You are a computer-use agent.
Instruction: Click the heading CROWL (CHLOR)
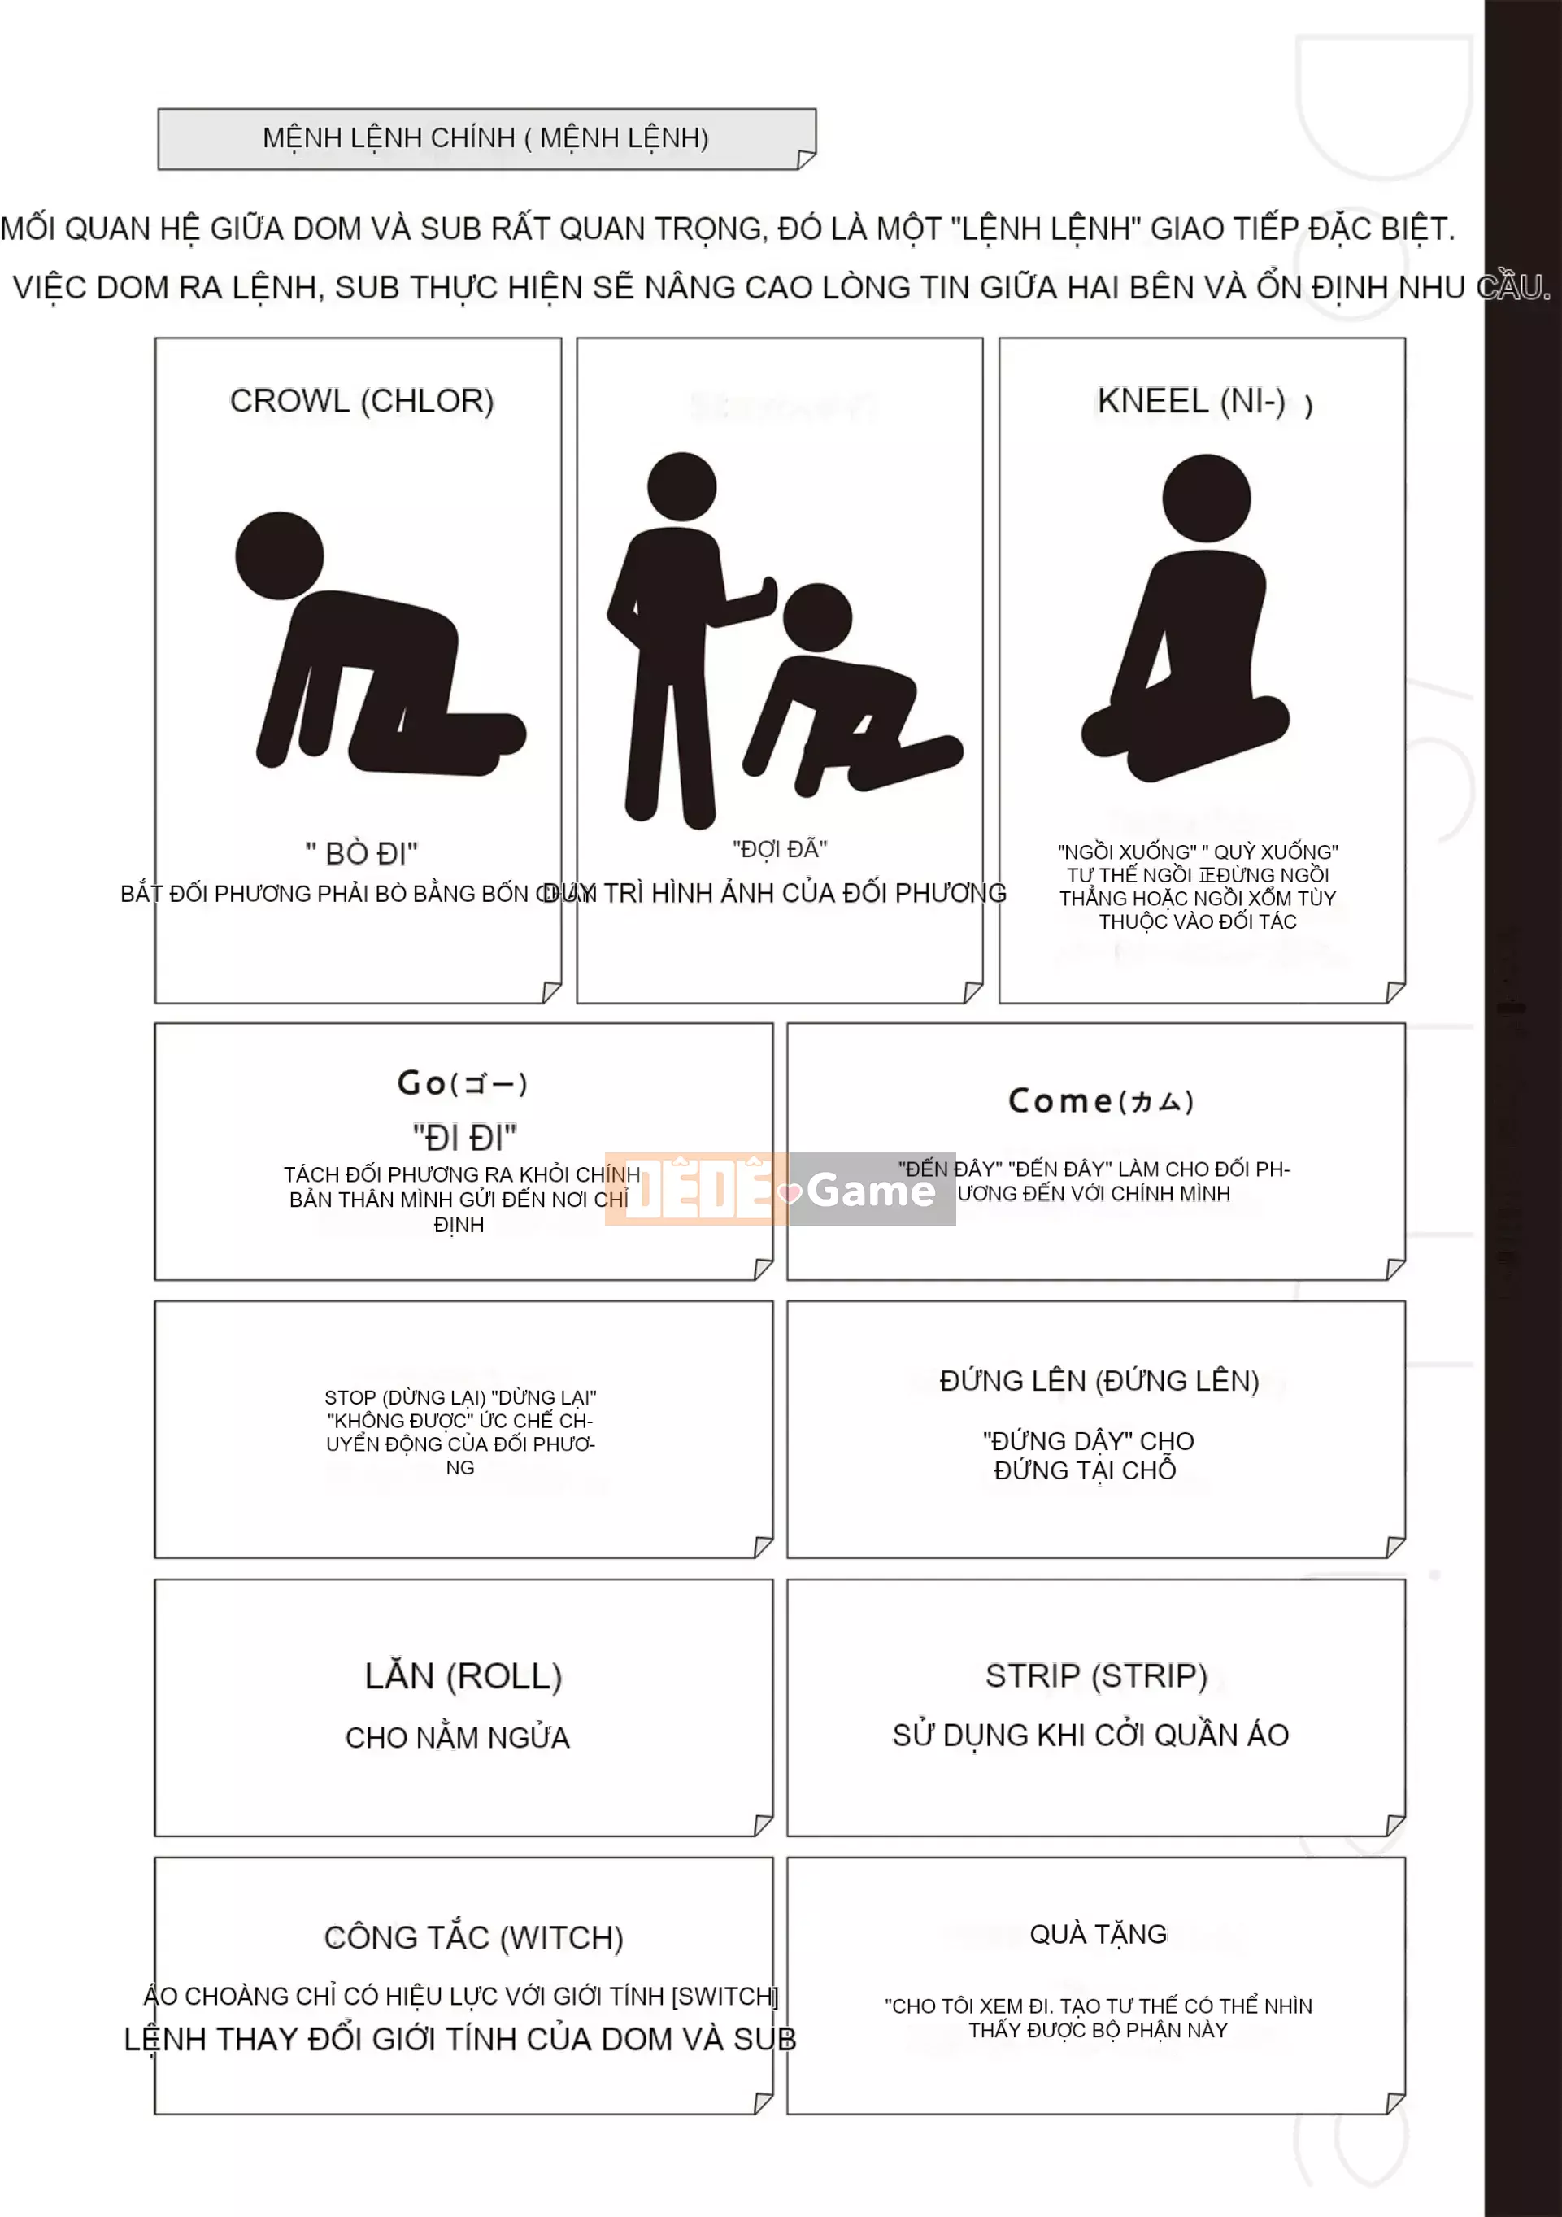[x=361, y=401]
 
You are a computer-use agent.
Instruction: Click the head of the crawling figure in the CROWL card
[x=279, y=556]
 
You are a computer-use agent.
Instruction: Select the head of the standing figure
[x=681, y=486]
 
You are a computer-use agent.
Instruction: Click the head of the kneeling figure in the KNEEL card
[x=1206, y=499]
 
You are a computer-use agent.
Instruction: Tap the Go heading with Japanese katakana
[x=463, y=1083]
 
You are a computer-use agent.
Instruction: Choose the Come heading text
[x=1100, y=1101]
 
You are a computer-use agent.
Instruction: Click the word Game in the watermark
[x=871, y=1191]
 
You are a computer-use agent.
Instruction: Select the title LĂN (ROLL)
[x=463, y=1676]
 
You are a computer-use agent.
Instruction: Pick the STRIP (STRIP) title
[x=1096, y=1675]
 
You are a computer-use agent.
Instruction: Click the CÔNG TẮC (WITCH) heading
[x=473, y=1937]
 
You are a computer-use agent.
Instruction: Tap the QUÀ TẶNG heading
[x=1098, y=1933]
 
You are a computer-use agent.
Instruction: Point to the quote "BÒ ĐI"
[x=362, y=854]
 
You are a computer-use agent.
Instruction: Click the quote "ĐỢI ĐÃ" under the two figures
[x=779, y=849]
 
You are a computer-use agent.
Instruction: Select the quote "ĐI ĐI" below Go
[x=463, y=1138]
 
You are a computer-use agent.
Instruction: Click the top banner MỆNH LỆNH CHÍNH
[x=485, y=138]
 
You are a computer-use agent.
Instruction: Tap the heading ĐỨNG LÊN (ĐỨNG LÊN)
[x=1099, y=1381]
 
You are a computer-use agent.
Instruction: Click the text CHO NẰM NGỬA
[x=458, y=1738]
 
